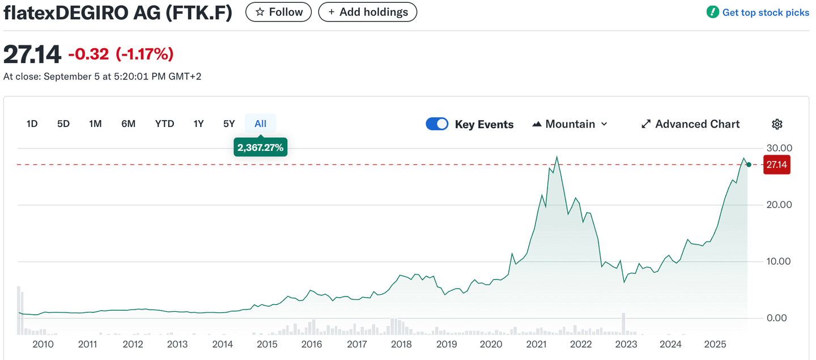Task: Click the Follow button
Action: (278, 12)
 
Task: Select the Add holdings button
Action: (367, 12)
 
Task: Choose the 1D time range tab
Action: (32, 124)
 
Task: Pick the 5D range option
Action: (63, 124)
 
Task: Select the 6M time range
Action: (129, 124)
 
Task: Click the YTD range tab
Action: (164, 124)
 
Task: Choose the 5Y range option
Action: (229, 124)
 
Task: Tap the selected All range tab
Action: (260, 124)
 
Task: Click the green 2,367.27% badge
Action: (261, 148)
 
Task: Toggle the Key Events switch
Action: (437, 124)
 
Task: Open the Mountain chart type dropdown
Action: (569, 124)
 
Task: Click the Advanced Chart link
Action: (690, 124)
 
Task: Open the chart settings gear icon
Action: (777, 124)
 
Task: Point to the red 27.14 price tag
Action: (776, 164)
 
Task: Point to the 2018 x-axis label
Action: (401, 344)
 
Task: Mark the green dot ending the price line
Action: (749, 164)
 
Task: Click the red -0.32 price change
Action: (89, 54)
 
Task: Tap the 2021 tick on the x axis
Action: (536, 344)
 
